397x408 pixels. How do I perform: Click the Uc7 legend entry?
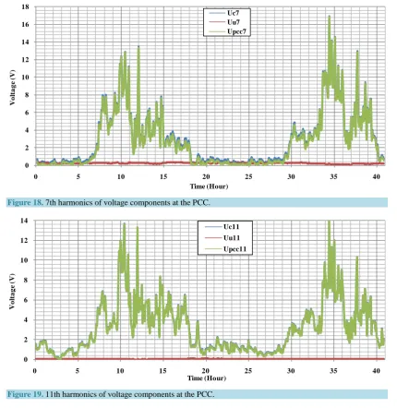226,13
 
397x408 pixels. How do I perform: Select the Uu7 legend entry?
226,22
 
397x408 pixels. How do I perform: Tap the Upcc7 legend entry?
228,31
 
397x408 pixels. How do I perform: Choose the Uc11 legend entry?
223,227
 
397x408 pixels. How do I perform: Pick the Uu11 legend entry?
223,238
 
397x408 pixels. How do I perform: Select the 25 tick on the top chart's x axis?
248,176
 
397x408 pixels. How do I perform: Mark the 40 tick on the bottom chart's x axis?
376,371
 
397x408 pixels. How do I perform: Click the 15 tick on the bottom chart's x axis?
162,371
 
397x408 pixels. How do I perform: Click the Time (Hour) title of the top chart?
209,186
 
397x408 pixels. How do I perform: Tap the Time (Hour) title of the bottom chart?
207,378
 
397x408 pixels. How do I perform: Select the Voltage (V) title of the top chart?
13,88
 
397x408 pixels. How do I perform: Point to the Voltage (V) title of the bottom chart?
13,291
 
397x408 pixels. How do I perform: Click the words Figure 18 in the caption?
25,203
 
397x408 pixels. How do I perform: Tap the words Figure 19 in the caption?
25,394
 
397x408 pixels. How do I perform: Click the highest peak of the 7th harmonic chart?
330,16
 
